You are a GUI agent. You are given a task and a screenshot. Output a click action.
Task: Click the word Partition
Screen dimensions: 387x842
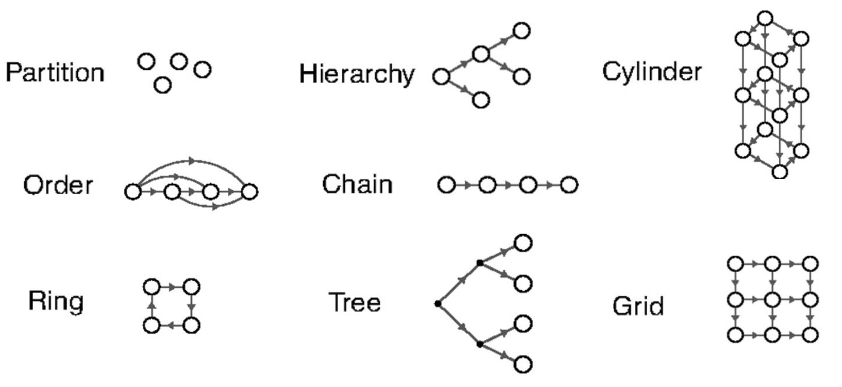(x=55, y=73)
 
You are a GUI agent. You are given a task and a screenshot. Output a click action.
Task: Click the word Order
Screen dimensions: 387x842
(x=58, y=186)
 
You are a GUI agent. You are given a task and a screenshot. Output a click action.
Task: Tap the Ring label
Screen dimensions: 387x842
(x=56, y=302)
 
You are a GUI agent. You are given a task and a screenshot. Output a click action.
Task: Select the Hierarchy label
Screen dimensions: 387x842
(x=357, y=74)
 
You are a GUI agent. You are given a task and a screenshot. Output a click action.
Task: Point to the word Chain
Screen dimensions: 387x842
(x=357, y=185)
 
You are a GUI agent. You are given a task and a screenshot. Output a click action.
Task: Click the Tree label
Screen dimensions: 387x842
(x=354, y=302)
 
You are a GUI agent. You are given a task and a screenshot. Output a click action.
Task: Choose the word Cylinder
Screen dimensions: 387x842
(x=652, y=73)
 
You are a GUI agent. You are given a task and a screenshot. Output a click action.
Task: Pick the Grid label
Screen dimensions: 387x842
(x=638, y=306)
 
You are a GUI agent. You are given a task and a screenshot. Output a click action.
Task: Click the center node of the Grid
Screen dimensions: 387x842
(x=772, y=300)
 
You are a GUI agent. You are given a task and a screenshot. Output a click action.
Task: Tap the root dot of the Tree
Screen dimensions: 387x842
(x=437, y=303)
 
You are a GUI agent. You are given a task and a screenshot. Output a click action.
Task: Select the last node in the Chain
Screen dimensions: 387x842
(x=570, y=185)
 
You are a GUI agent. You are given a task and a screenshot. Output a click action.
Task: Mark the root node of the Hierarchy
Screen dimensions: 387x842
(x=441, y=76)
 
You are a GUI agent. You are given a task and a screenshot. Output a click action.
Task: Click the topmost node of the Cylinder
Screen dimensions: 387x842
(x=766, y=19)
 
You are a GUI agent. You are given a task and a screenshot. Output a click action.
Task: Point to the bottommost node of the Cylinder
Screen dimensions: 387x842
(x=780, y=171)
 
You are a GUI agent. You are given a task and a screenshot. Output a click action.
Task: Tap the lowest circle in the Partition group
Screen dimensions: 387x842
(x=163, y=86)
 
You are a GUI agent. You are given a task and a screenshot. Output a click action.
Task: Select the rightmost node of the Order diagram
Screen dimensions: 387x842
(x=249, y=191)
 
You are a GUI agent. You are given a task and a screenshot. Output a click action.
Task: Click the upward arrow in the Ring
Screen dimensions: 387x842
(x=152, y=306)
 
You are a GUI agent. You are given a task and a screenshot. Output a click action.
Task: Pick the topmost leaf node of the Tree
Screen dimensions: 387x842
(x=523, y=243)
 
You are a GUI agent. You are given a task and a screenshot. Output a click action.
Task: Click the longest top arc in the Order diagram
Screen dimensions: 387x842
(x=192, y=159)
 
